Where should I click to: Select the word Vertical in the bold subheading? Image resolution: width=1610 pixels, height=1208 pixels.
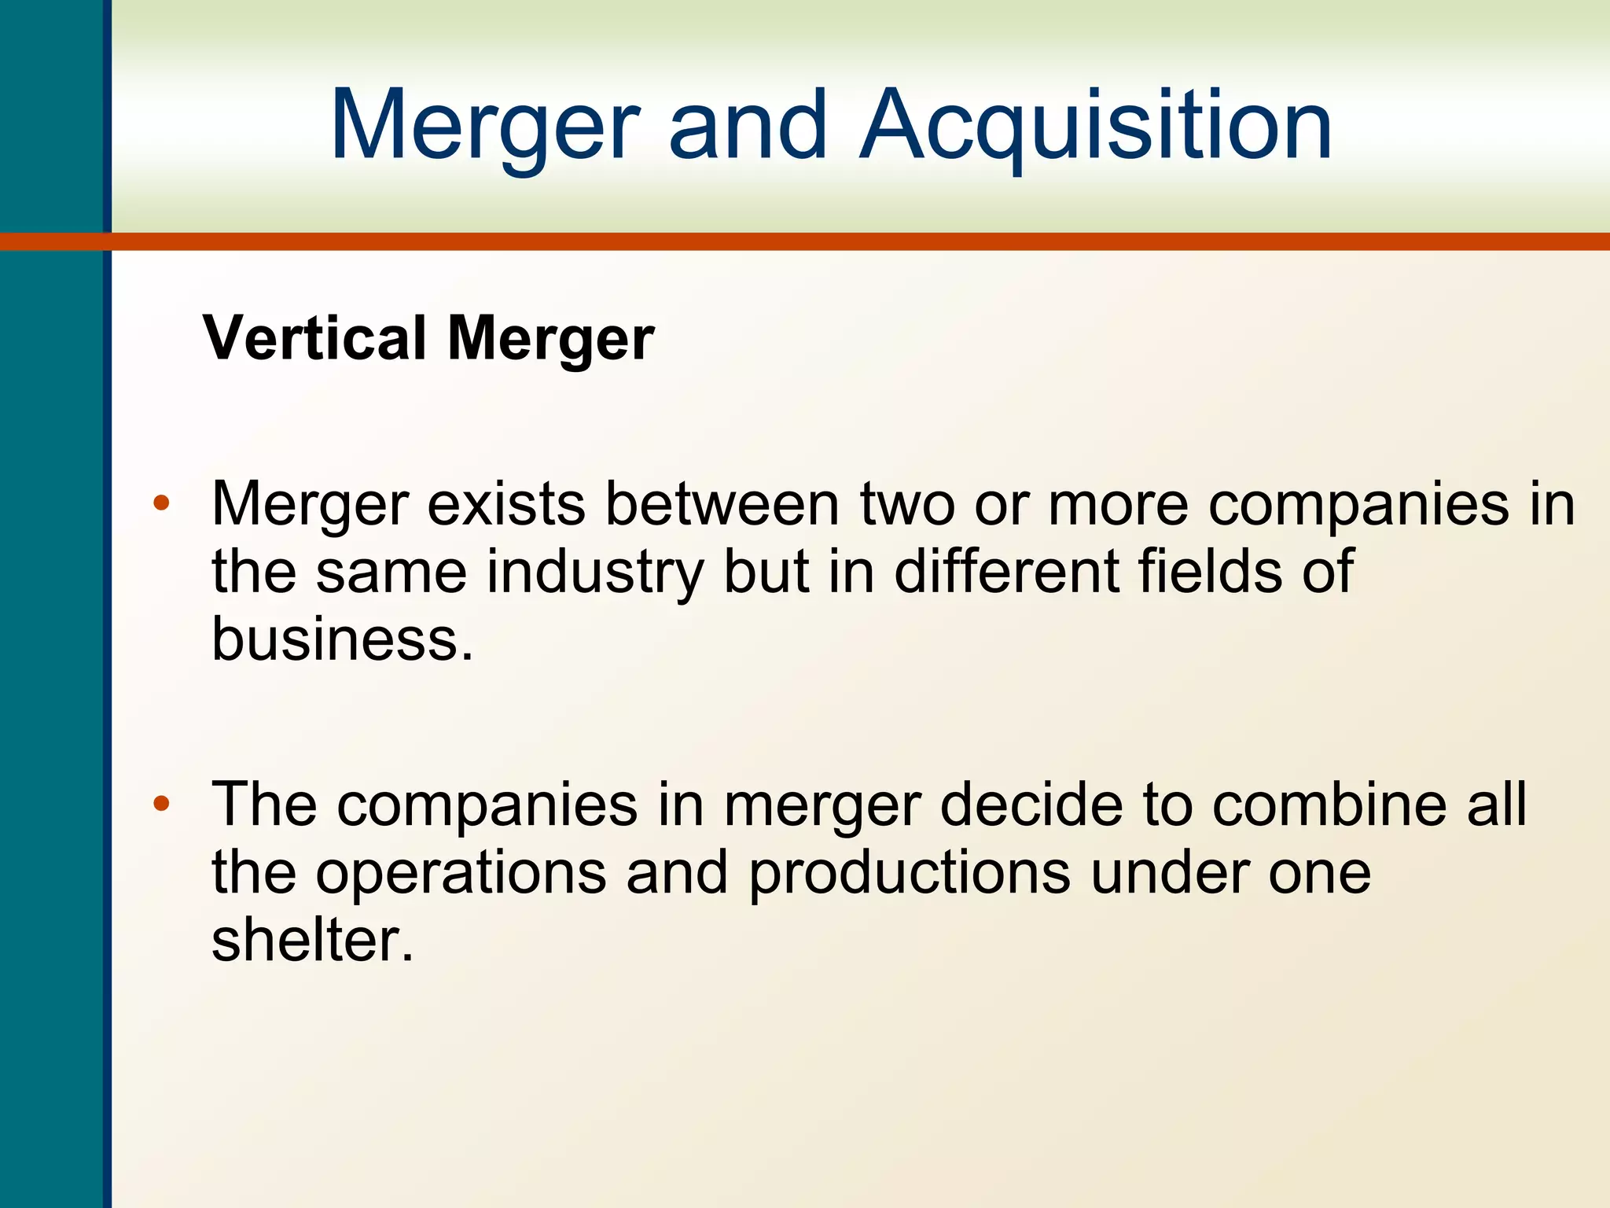314,338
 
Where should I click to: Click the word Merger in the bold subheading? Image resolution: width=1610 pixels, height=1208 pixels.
550,340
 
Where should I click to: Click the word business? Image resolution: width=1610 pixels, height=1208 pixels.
343,639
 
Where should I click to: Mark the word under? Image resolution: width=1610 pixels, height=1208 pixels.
1170,873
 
